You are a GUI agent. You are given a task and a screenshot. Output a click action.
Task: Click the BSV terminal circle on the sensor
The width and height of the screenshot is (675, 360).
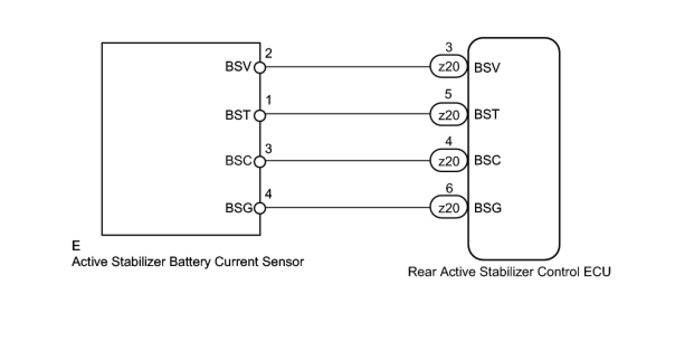pos(260,68)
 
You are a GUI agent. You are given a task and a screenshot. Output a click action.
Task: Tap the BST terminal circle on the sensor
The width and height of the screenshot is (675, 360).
pos(260,116)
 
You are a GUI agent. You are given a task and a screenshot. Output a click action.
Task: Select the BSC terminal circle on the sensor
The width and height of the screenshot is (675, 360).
pos(260,162)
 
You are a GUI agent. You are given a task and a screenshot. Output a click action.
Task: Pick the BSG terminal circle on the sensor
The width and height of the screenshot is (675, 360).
pos(260,209)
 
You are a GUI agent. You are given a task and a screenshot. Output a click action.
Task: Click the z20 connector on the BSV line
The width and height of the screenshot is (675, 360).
pos(449,68)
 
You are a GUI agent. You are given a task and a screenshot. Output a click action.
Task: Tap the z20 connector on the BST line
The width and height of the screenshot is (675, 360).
pos(449,115)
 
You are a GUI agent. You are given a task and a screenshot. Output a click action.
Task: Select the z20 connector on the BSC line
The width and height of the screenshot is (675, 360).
pos(449,162)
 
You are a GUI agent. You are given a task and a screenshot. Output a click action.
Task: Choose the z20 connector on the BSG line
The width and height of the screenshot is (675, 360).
pos(449,209)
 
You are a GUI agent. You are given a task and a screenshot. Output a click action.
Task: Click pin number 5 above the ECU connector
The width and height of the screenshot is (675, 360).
pos(449,95)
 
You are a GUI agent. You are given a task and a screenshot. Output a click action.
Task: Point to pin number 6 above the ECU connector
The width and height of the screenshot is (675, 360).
pos(449,189)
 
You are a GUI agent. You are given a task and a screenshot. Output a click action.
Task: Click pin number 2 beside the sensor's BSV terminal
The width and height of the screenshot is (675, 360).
pos(269,54)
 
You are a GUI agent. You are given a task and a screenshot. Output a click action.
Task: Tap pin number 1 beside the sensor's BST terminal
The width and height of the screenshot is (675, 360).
pos(269,101)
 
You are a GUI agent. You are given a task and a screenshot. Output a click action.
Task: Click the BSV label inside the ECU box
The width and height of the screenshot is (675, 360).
pos(487,68)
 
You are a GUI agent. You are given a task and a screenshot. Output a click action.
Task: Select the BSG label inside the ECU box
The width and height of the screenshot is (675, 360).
pos(488,209)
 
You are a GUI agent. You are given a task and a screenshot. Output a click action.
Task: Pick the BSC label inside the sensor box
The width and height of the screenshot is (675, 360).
pos(238,162)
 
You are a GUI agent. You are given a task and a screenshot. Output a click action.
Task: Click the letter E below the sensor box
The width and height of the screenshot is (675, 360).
pos(76,246)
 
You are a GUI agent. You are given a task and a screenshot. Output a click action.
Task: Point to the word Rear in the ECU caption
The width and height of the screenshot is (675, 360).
pos(420,272)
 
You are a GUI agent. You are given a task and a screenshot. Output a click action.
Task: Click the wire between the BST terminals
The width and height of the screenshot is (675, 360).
pos(346,116)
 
